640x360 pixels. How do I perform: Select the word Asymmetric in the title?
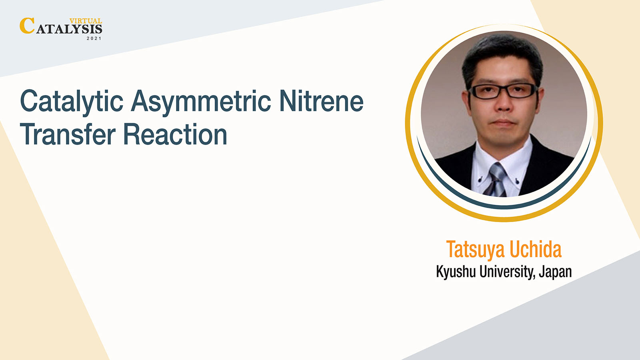click(x=201, y=102)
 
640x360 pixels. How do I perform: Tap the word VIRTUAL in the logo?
click(x=86, y=21)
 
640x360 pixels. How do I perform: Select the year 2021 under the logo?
click(x=94, y=38)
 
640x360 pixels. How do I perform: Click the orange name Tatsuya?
click(x=475, y=250)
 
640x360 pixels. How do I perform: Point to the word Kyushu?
click(x=456, y=272)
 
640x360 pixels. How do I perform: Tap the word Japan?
click(x=555, y=272)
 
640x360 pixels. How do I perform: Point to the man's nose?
click(x=504, y=104)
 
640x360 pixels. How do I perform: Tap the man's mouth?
click(x=504, y=123)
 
